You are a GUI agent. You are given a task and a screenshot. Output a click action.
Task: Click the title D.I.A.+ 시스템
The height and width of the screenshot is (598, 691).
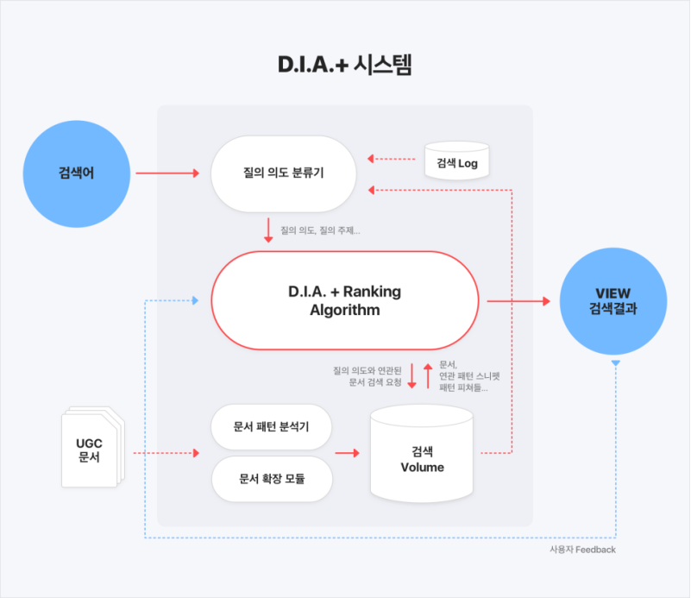click(x=345, y=66)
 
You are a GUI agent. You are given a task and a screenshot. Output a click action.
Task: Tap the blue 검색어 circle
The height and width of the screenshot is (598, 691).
click(x=76, y=173)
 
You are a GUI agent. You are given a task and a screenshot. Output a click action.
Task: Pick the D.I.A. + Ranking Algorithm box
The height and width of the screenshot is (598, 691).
click(x=344, y=300)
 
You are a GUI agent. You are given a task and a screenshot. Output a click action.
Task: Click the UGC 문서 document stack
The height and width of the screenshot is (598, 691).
click(x=90, y=450)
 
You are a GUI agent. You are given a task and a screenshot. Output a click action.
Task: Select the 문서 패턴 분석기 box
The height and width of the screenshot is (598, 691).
click(x=272, y=427)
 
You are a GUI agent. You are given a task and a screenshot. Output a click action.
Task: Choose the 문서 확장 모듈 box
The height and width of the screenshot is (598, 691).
click(x=272, y=478)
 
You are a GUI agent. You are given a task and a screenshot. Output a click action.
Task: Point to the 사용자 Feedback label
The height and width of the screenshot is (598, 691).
click(x=582, y=550)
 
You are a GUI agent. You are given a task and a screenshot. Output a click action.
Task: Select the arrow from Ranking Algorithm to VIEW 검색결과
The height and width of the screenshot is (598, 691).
click(x=517, y=301)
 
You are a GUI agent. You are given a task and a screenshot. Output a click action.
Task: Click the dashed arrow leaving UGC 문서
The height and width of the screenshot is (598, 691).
click(x=165, y=453)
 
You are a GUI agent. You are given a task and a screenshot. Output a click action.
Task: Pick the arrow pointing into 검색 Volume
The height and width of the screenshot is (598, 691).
click(x=347, y=453)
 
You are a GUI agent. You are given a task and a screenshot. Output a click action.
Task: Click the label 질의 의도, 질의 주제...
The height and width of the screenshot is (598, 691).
click(x=320, y=230)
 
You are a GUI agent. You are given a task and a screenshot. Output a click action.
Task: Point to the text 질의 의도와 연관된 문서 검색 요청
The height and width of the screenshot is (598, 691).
click(x=367, y=376)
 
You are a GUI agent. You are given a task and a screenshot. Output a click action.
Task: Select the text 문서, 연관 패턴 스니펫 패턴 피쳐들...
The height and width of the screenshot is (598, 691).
click(x=468, y=376)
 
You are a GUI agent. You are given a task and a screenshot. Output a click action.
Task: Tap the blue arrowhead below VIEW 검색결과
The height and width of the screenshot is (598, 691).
click(x=614, y=365)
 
